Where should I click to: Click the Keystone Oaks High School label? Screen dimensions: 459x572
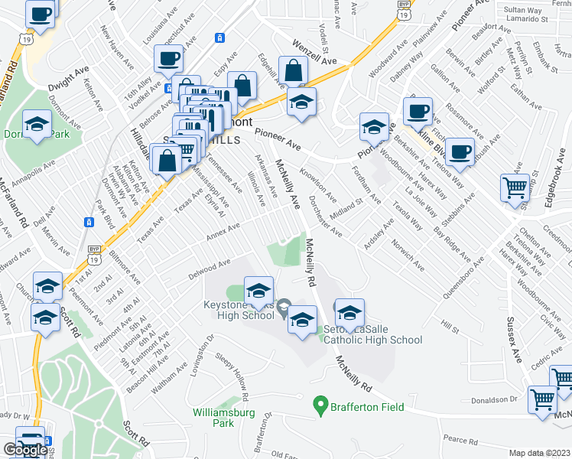click(238, 310)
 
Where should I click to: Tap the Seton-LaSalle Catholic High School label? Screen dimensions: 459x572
click(372, 335)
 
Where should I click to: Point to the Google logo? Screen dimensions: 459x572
click(24, 450)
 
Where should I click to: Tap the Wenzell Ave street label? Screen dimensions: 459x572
click(314, 54)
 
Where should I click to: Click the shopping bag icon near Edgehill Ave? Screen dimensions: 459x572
click(293, 70)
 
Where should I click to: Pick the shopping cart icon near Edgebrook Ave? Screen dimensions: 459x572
click(515, 187)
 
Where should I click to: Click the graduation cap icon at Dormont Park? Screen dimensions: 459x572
click(37, 125)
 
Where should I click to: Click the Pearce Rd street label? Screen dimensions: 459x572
click(459, 440)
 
